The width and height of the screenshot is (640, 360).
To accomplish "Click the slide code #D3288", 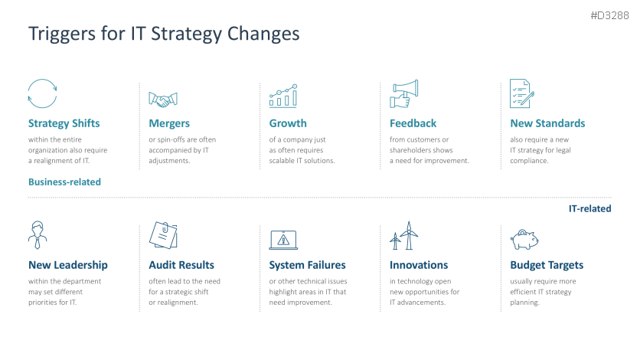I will click(x=611, y=15).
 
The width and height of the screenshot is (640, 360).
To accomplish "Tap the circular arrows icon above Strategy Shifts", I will click(x=41, y=94).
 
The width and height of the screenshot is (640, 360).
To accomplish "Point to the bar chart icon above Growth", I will click(x=283, y=95).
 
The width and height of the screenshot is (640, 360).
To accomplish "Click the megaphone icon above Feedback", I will click(x=403, y=94).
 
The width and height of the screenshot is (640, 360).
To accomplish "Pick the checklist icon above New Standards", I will click(x=521, y=94).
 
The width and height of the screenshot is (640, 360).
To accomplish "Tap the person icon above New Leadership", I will click(x=37, y=235).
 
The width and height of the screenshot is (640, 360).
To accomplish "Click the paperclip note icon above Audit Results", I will click(x=163, y=235).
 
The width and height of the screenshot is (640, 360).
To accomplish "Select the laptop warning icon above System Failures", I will click(x=283, y=238).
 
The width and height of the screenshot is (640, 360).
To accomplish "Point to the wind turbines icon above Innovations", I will click(x=404, y=236).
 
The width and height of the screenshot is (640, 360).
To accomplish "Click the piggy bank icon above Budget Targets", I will click(x=523, y=239).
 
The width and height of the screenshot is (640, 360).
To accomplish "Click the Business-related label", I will click(x=64, y=182).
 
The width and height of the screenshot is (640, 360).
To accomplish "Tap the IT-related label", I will click(x=589, y=208).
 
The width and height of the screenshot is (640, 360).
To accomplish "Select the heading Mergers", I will click(x=169, y=123).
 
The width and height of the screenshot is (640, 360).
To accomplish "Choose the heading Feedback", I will click(x=413, y=123).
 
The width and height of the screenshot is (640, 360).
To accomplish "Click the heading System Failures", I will click(x=307, y=265).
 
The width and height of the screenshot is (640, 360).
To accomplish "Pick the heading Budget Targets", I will click(x=547, y=265).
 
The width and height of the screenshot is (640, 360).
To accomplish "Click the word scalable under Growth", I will click(x=282, y=161).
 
